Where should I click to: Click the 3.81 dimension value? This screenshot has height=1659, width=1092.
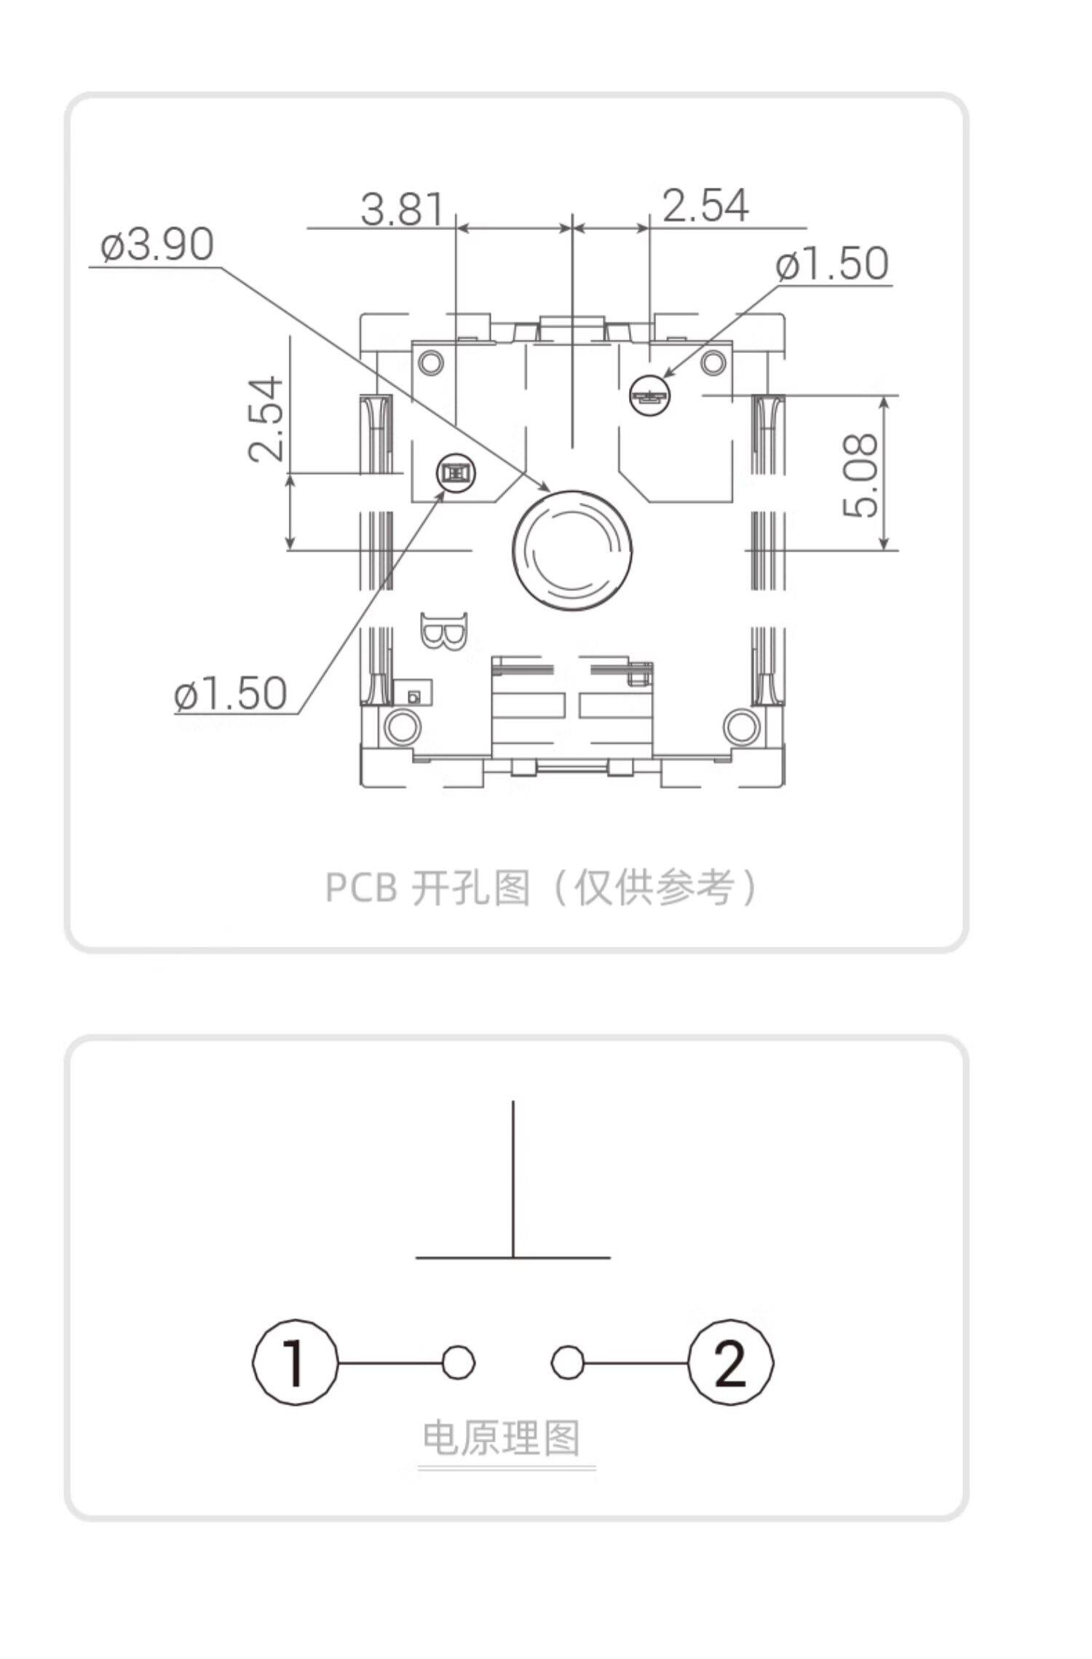coord(402,209)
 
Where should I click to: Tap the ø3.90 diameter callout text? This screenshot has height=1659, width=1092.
coord(157,245)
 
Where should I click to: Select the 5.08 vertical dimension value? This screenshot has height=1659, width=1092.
coord(861,475)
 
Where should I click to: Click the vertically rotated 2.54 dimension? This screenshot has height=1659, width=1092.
coord(266,419)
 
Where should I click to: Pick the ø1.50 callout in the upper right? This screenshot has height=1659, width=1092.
coord(832,264)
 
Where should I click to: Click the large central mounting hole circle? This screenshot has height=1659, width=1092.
coord(572,550)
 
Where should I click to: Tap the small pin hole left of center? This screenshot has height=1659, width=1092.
coord(455,474)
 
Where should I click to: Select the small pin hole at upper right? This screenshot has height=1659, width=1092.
coord(648,396)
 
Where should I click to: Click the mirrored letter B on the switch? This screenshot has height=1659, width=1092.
coord(444,631)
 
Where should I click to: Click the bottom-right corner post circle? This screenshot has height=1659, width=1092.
coord(742,726)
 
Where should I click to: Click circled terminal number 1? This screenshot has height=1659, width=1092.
coord(296,1363)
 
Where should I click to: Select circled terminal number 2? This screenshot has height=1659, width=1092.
coord(730,1363)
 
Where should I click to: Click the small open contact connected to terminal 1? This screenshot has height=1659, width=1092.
coord(459,1362)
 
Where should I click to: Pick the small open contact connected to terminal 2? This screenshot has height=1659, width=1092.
coord(567,1362)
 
